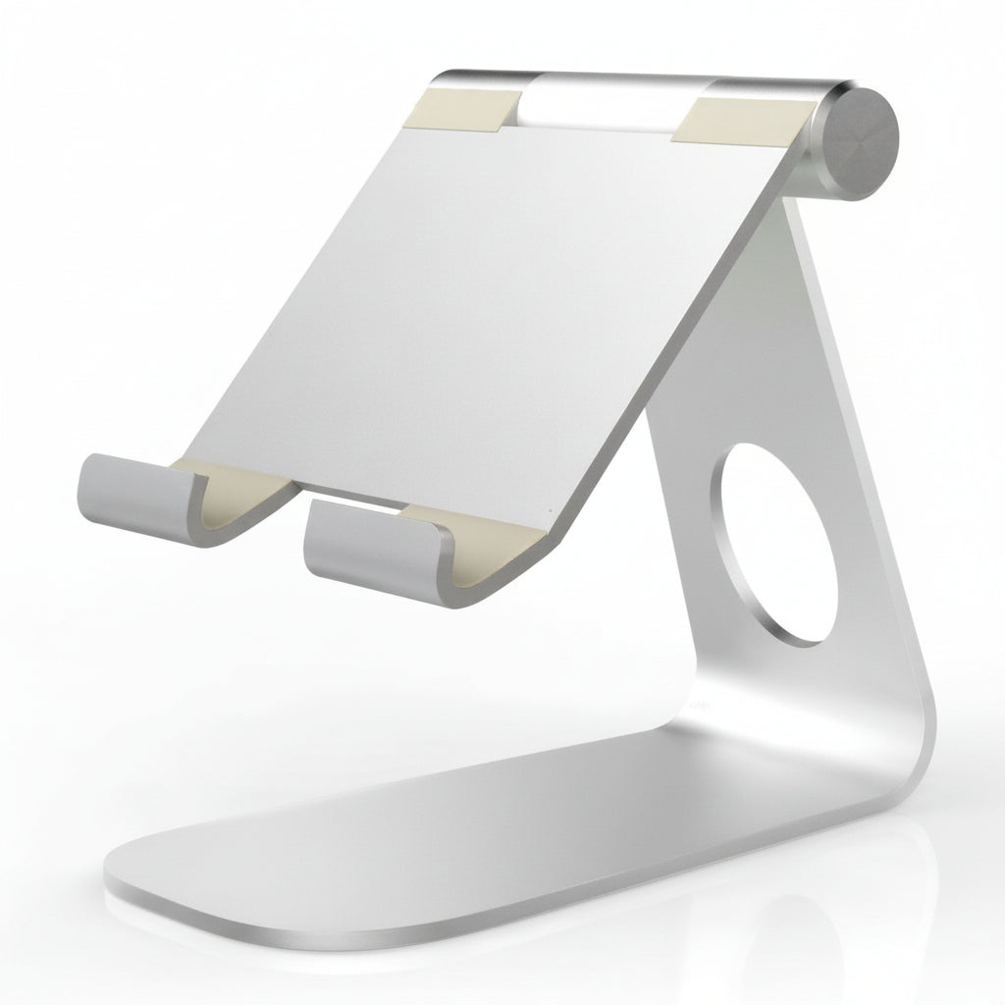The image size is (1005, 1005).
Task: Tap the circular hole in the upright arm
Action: (x=773, y=544)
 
